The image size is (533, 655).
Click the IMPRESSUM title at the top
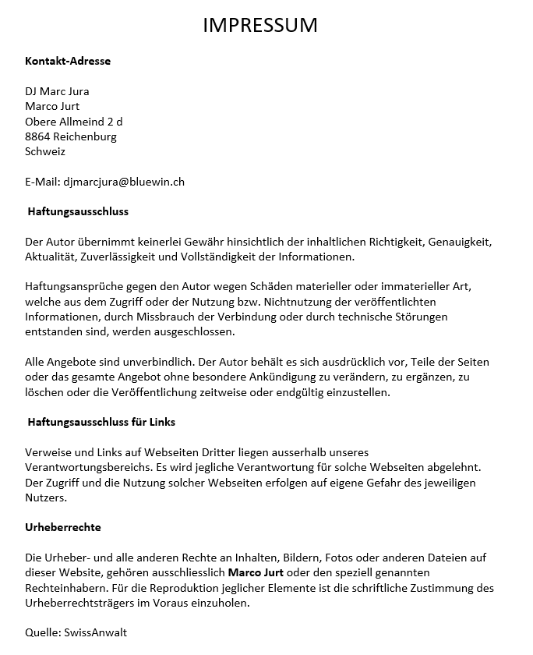point(260,25)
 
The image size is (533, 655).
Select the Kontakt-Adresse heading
point(68,61)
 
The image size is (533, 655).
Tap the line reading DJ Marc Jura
point(57,91)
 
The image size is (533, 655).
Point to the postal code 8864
point(37,136)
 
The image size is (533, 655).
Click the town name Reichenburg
point(85,136)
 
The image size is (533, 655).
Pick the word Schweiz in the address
point(45,151)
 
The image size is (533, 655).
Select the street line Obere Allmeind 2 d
point(73,122)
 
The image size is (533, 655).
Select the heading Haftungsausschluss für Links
point(101,422)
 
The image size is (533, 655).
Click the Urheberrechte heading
point(63,528)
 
